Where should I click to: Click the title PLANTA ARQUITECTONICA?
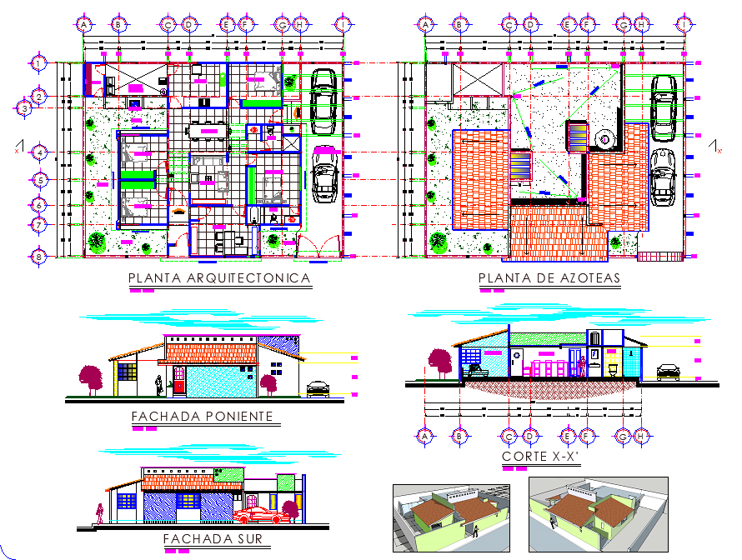coord(219,278)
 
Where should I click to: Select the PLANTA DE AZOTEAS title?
coord(549,278)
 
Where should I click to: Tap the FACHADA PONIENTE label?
coord(203,417)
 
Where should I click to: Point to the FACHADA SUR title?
coord(213,539)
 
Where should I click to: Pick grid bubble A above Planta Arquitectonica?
coord(84,25)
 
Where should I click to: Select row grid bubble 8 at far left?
coord(38,257)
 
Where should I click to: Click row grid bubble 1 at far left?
coord(38,62)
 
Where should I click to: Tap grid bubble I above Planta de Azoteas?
coord(684,25)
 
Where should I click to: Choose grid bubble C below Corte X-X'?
coord(509,436)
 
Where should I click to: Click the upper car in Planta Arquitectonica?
coord(323,100)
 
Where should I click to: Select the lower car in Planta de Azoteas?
coord(664,177)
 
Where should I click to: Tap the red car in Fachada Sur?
coord(262,514)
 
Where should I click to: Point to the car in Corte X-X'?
coord(669,372)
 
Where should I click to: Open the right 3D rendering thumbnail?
coord(598,514)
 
